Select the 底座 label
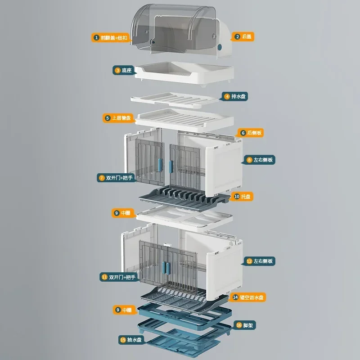pos(123,70)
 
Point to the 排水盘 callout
pos(234,96)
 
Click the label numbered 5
pos(118,118)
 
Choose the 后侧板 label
pos(251,133)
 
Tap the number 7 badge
pos(102,178)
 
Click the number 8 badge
pos(249,160)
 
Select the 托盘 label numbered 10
pos(243,197)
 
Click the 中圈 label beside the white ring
pos(123,213)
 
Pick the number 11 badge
pos(104,277)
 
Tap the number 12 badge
pos(249,261)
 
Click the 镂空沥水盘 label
pos(248,297)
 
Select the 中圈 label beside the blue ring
pos(124,310)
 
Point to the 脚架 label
pos(245,325)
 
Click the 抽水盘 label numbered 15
pos(131,340)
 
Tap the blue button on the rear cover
pos(220,47)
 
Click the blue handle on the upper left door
pos(160,165)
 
